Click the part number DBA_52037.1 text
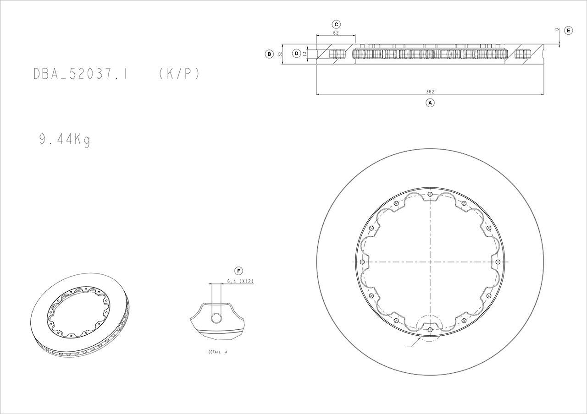click(x=80, y=74)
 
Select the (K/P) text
click(x=179, y=74)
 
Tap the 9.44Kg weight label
click(x=65, y=140)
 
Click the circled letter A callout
click(x=430, y=103)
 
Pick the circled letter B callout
click(x=270, y=54)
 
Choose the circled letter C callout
click(x=336, y=24)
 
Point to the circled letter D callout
click(x=296, y=54)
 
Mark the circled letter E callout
click(x=568, y=30)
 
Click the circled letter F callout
click(x=238, y=270)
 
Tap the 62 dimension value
click(x=336, y=33)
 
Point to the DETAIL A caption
click(x=217, y=353)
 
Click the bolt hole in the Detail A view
click(x=216, y=319)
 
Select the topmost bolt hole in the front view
click(x=430, y=195)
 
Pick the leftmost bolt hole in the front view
click(x=362, y=262)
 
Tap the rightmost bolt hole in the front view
click(x=498, y=261)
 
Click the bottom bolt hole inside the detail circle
click(x=430, y=329)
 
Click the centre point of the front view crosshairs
click(x=430, y=262)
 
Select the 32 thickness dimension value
click(x=279, y=54)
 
